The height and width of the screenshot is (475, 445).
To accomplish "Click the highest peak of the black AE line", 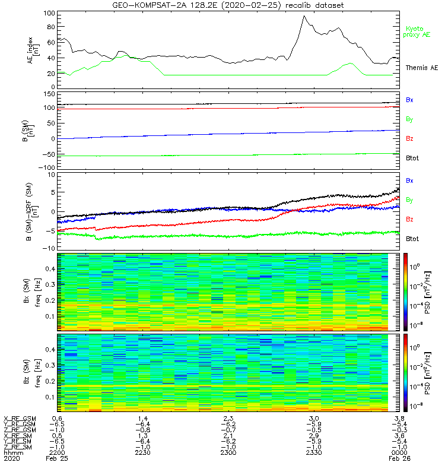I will point(304,16).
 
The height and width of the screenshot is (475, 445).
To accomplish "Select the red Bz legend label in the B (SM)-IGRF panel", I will point(409,219).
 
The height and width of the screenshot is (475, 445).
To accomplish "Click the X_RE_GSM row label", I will point(19,419).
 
